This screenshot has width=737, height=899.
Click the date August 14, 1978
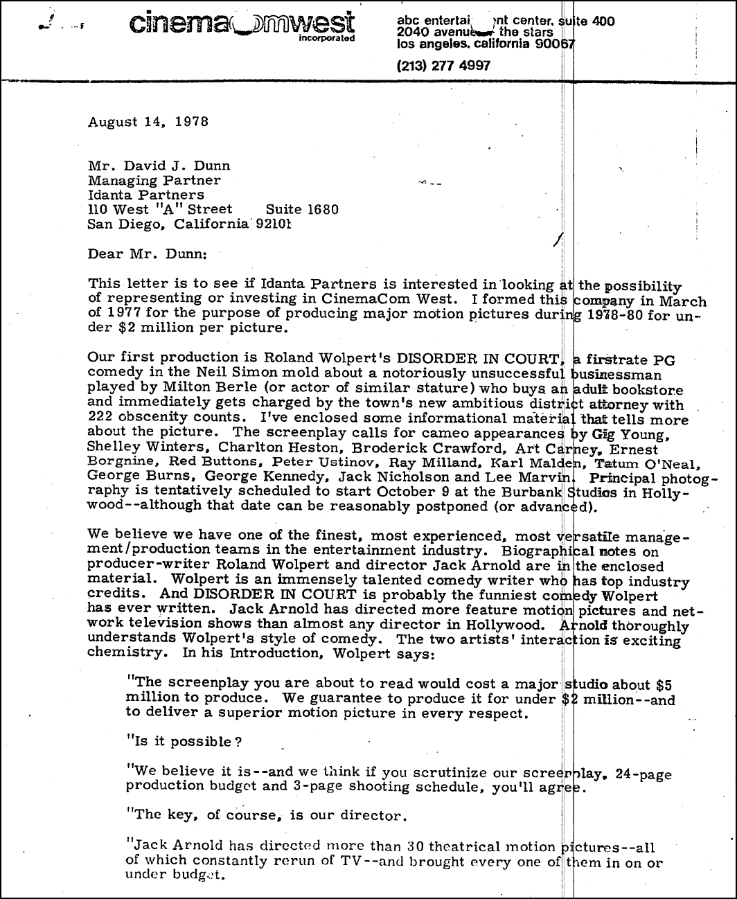(148, 122)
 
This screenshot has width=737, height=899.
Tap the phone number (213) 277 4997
(443, 66)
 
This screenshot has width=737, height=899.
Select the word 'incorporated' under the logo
(326, 38)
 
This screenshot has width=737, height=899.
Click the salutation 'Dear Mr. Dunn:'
(147, 253)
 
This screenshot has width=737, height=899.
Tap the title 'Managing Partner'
(154, 180)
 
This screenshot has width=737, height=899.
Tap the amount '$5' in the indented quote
(662, 685)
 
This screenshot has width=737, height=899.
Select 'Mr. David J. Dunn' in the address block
(159, 166)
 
